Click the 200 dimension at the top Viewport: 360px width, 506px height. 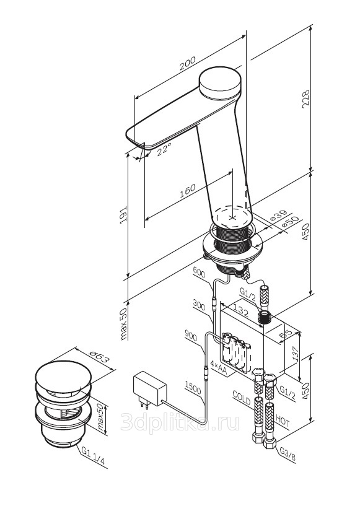[x=188, y=64]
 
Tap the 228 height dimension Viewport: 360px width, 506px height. [x=305, y=98]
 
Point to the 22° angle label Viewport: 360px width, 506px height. [x=164, y=149]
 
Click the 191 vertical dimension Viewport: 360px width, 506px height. [x=123, y=216]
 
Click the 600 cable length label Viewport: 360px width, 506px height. [x=199, y=273]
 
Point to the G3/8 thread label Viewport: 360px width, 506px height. [x=287, y=454]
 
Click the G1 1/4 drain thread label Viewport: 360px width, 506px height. [x=93, y=456]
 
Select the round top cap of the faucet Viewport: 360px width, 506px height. [x=220, y=82]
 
